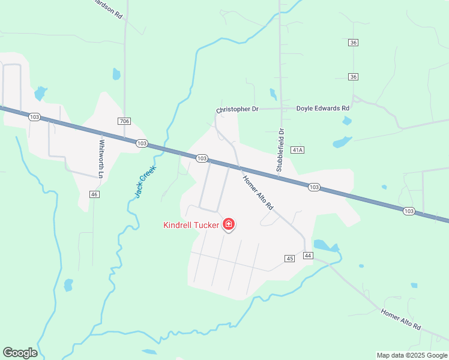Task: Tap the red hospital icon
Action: [228, 225]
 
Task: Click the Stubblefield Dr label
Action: [279, 150]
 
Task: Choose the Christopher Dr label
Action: [237, 110]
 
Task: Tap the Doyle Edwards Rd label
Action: [323, 109]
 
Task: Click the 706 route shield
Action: [124, 121]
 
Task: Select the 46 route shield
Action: [94, 194]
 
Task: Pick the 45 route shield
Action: [290, 258]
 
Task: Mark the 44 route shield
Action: [309, 256]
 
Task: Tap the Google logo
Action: [20, 353]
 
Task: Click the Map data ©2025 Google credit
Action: [412, 355]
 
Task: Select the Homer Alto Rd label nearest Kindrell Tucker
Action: [258, 191]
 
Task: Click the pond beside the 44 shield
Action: [325, 245]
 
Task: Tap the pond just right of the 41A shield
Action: [342, 142]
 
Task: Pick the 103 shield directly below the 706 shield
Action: [142, 143]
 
